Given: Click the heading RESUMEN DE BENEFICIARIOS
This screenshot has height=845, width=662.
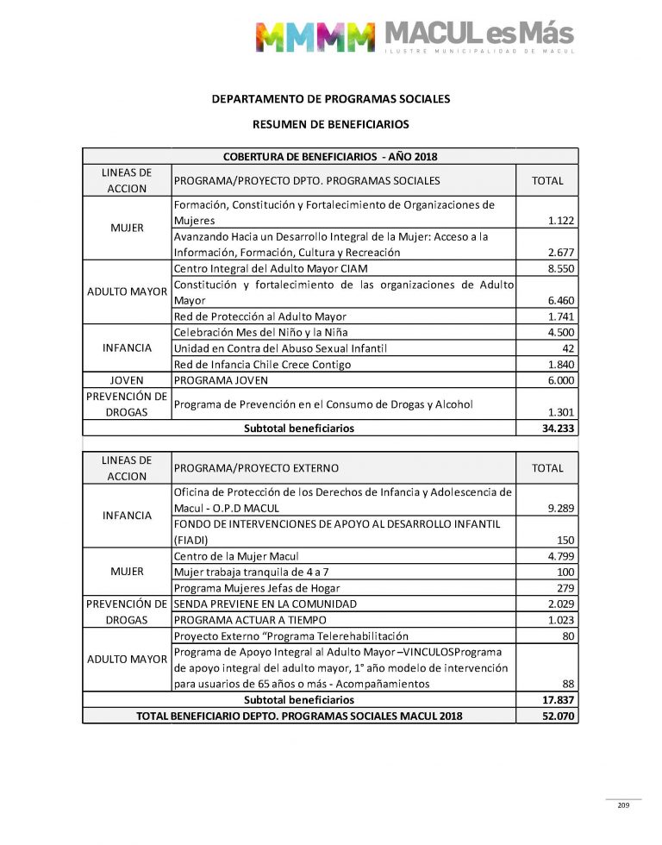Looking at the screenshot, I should (x=331, y=125).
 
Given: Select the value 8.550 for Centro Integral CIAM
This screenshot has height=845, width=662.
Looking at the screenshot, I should (x=561, y=269).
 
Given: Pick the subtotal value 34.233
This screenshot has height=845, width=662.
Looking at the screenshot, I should (x=559, y=428).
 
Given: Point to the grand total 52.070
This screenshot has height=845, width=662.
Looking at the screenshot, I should (x=559, y=716).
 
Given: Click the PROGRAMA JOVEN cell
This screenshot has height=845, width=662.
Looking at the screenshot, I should (x=221, y=380).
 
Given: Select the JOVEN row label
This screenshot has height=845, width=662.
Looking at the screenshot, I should (x=127, y=380).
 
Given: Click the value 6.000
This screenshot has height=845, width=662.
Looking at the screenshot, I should (x=561, y=380).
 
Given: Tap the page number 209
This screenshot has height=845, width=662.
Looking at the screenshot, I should (x=623, y=805).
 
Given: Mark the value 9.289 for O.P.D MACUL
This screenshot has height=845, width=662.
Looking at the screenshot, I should (x=561, y=509).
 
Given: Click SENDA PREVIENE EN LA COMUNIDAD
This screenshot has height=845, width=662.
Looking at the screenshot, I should (x=265, y=604).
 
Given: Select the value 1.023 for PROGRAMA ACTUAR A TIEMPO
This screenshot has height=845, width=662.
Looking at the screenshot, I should (x=561, y=620).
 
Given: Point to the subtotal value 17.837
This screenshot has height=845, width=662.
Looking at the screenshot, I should (x=559, y=700).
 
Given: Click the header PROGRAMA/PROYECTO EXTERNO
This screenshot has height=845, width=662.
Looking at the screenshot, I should (x=256, y=468).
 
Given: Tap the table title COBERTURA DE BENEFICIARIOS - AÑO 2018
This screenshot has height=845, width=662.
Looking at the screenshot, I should (x=330, y=156).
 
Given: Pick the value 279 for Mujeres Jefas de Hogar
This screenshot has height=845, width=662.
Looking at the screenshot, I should (x=565, y=588).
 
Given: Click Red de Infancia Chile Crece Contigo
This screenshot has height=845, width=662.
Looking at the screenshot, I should (x=262, y=364).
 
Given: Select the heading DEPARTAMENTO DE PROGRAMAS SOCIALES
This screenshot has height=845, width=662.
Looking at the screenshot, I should (x=331, y=99).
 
